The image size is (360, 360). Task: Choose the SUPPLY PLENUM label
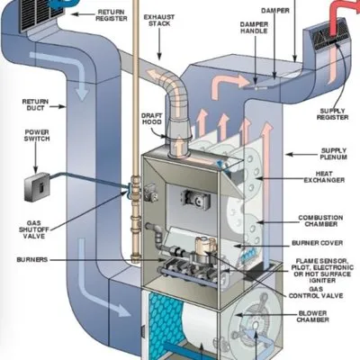[335, 155]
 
